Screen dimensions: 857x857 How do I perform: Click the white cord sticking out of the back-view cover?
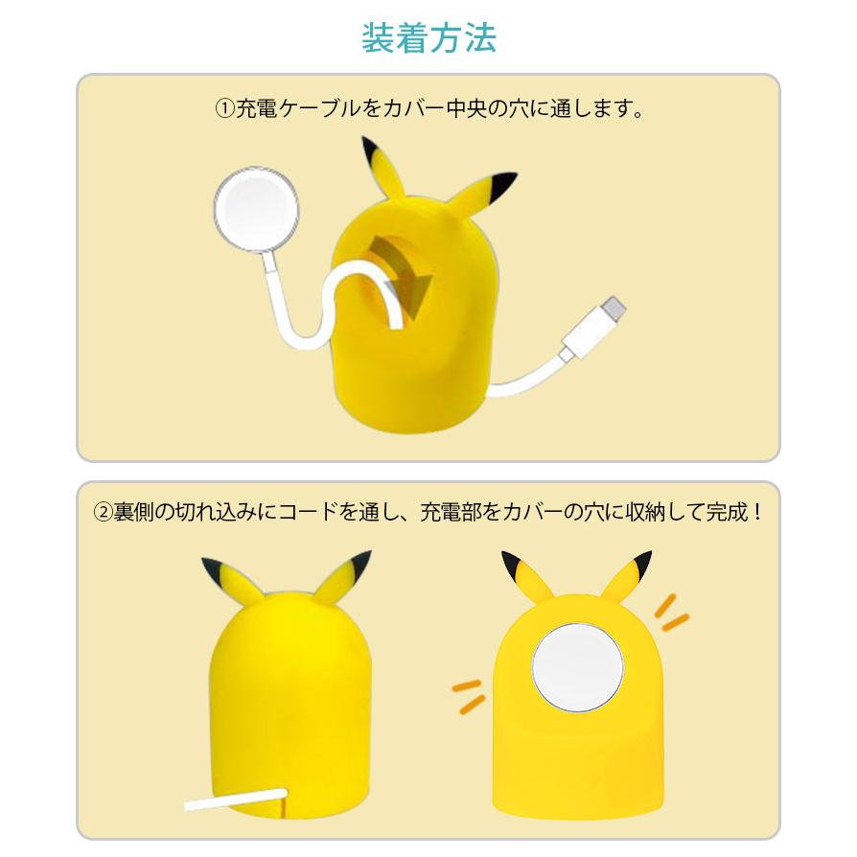tap(236, 799)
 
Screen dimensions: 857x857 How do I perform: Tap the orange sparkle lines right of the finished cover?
tap(670, 612)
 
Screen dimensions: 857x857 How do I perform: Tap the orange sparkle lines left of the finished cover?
tap(467, 696)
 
